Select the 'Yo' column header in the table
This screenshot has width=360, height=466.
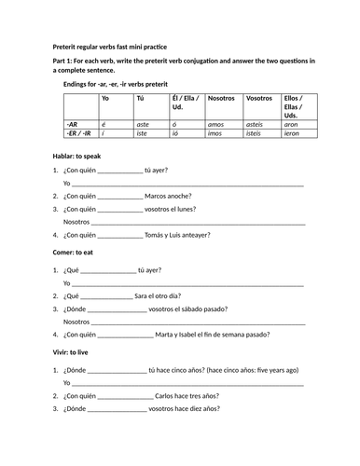[105, 97]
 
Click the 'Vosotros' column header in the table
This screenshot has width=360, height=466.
[258, 97]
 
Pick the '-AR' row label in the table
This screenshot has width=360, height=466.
[73, 123]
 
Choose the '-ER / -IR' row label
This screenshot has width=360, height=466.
[79, 132]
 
